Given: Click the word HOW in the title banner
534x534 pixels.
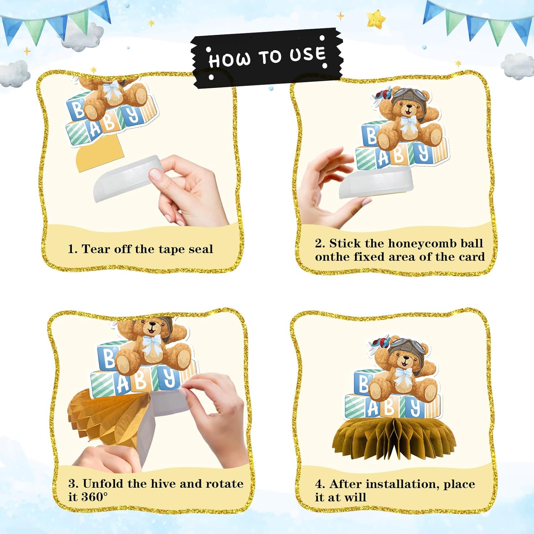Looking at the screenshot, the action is (x=230, y=59).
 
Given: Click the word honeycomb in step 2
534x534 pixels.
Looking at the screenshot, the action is (x=422, y=244).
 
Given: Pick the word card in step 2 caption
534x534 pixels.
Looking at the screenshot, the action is (x=471, y=257).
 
